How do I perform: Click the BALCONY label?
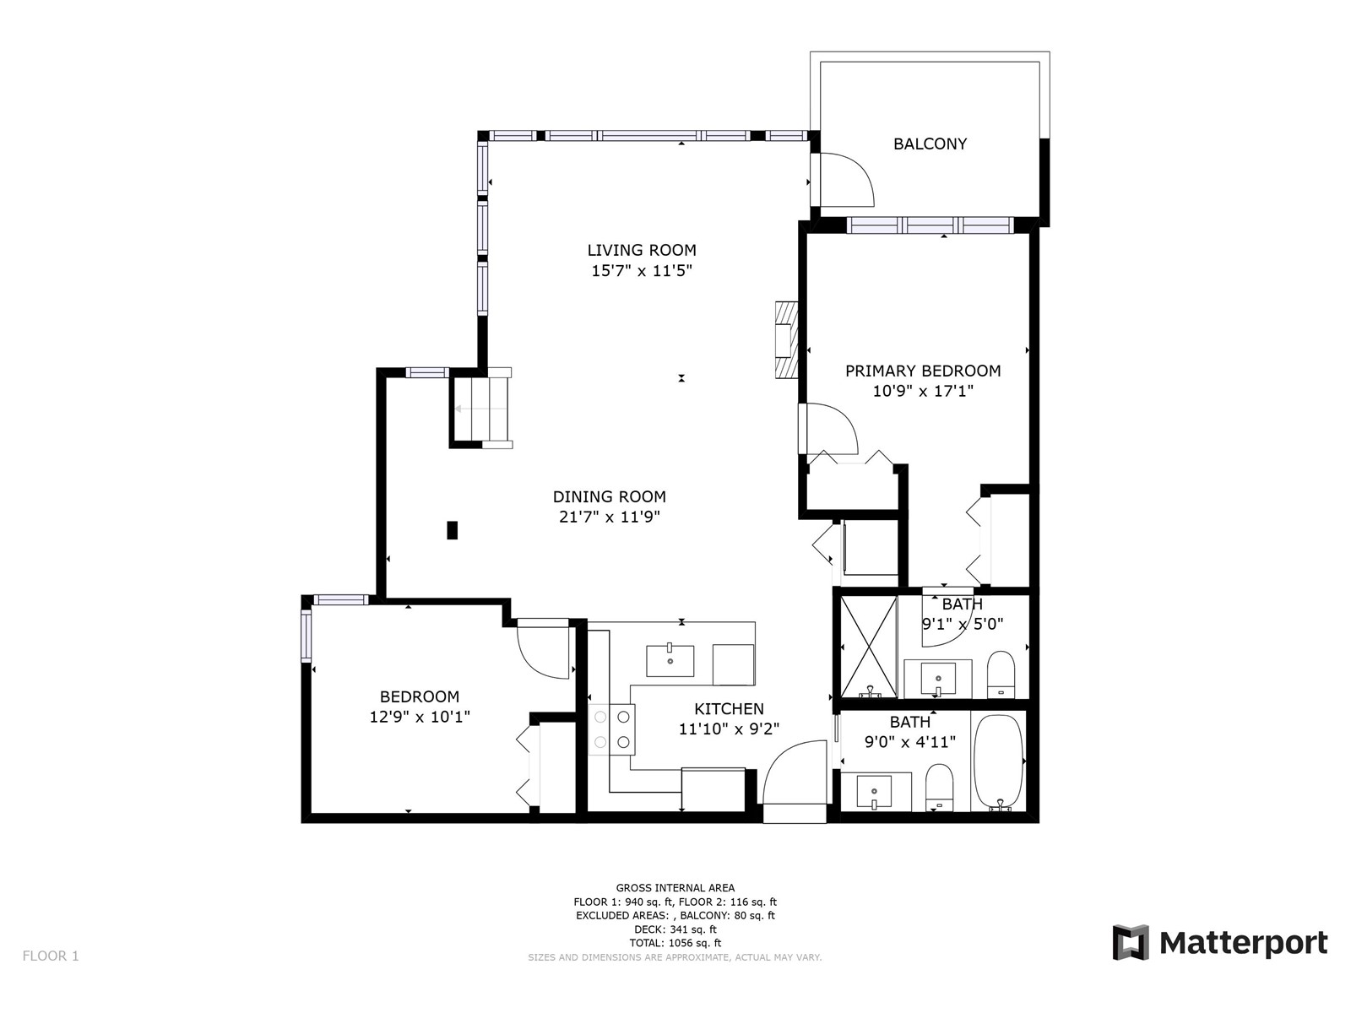click(930, 144)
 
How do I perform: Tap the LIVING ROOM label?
click(642, 251)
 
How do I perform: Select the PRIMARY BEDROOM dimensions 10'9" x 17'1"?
click(923, 391)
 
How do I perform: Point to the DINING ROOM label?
click(609, 496)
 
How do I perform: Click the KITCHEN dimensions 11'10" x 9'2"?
click(729, 729)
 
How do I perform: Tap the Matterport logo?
click(1219, 942)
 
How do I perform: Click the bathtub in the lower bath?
click(997, 761)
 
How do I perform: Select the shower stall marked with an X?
click(869, 646)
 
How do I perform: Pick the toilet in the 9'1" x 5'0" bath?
click(1001, 674)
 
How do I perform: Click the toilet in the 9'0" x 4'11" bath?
click(939, 788)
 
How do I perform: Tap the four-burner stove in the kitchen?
click(611, 729)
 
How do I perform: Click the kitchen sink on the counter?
click(670, 661)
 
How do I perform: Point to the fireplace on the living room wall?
click(787, 339)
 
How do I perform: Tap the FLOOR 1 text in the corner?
click(51, 956)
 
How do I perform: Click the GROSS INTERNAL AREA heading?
click(675, 887)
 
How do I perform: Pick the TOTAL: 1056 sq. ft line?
click(675, 943)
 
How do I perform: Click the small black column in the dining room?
click(452, 530)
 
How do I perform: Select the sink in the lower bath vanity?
click(874, 792)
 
